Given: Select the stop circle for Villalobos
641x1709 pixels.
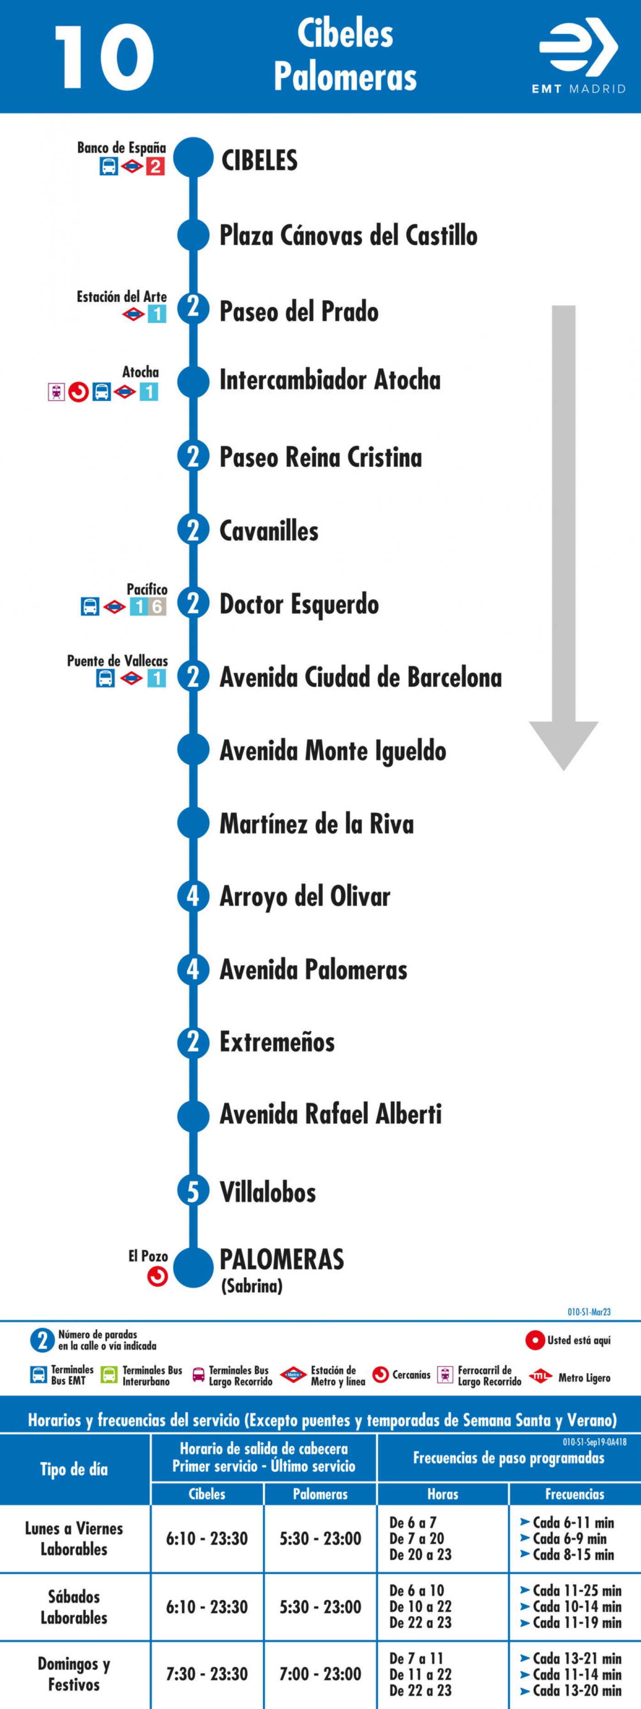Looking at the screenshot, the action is click(193, 1191).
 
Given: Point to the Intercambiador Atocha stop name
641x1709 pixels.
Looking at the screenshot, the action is click(330, 380).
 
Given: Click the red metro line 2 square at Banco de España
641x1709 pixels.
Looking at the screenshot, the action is click(155, 166).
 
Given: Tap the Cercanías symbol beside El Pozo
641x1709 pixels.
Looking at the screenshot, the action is click(157, 1276).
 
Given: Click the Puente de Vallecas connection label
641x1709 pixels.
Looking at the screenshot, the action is click(117, 661).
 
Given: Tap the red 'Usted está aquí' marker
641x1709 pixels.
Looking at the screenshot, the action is click(535, 1340).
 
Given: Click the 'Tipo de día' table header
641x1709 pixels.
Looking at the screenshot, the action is click(74, 1470).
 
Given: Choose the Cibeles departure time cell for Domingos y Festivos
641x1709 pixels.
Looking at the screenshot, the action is click(207, 1673).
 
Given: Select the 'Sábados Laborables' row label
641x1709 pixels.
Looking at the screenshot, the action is click(74, 1607).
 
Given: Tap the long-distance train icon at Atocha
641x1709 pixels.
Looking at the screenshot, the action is click(56, 392).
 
